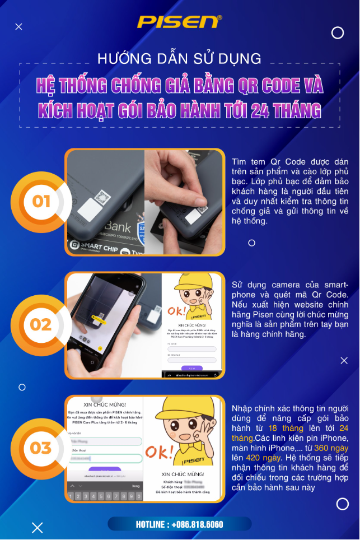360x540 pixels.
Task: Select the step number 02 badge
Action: pos(41,325)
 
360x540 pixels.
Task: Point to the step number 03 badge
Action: pos(41,448)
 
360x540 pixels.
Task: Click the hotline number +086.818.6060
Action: pos(179,524)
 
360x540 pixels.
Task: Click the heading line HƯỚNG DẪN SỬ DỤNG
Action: pos(179,58)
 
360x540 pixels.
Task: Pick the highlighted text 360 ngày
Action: pos(331,448)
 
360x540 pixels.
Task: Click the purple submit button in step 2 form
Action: pos(191,368)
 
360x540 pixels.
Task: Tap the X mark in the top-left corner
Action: pos(18,26)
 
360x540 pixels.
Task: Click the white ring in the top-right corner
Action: pos(338,33)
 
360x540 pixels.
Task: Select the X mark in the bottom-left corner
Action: pos(37,527)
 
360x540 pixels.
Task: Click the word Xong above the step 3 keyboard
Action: pos(135,486)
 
